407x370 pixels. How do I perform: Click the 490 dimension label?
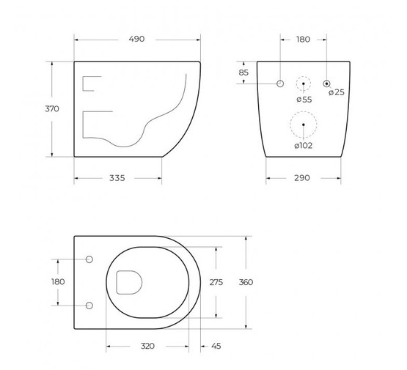tap(136, 39)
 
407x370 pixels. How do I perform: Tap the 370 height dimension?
tap(52, 108)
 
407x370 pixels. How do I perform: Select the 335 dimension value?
tap(117, 178)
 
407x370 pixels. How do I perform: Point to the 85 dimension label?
tap(243, 73)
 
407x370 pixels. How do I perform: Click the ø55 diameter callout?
tap(304, 100)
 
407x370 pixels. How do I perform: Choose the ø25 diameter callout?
tap(337, 92)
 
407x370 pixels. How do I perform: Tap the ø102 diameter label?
tap(304, 146)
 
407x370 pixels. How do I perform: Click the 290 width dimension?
tap(302, 178)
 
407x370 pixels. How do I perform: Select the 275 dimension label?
tap(216, 282)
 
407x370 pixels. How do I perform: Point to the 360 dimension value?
tap(246, 282)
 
